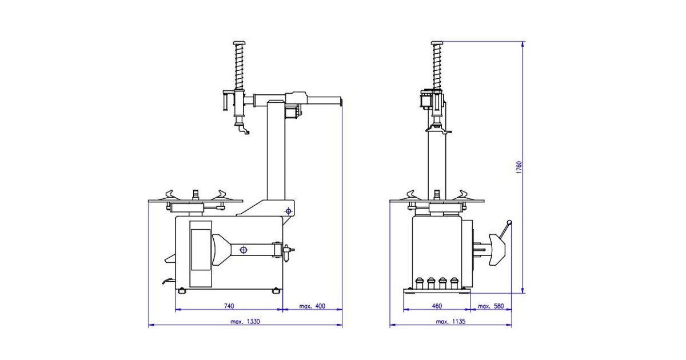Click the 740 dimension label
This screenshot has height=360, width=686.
pyautogui.click(x=229, y=306)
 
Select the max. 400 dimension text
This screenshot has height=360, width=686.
pyautogui.click(x=312, y=306)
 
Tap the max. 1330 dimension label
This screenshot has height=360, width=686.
pyautogui.click(x=245, y=321)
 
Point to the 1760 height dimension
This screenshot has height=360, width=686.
pyautogui.click(x=519, y=167)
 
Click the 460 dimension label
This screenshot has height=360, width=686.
pyautogui.click(x=437, y=306)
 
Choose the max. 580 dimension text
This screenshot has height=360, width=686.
pyautogui.click(x=490, y=306)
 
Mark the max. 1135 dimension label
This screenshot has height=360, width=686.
pyautogui.click(x=450, y=321)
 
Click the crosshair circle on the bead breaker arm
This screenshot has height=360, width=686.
pyautogui.click(x=244, y=250)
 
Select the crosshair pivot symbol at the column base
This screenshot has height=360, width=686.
pyautogui.click(x=288, y=211)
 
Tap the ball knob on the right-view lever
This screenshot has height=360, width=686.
pyautogui.click(x=509, y=222)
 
